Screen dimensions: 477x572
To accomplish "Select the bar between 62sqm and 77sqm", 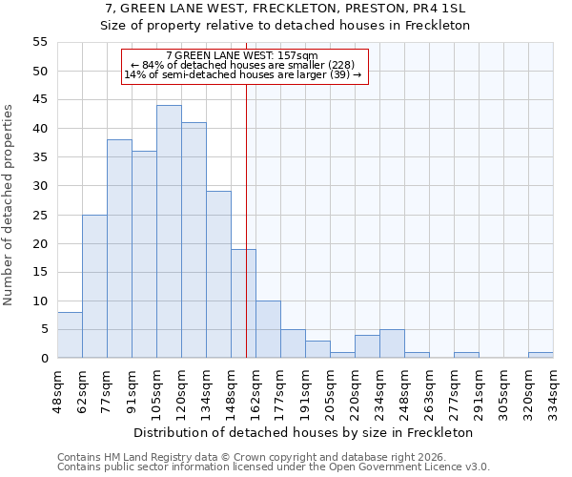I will (x=94, y=286).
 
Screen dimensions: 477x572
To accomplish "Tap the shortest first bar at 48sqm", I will (x=70, y=335).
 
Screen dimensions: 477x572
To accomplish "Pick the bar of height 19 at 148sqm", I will (x=243, y=303).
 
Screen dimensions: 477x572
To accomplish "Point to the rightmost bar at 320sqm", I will (x=541, y=355).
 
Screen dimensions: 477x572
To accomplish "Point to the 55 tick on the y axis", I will (x=40, y=42).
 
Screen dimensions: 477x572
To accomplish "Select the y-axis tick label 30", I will (x=40, y=186).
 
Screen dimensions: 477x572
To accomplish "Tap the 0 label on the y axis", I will (x=44, y=359).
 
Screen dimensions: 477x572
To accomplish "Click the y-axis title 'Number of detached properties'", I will (x=10, y=205).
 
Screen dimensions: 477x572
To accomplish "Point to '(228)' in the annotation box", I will (x=339, y=65).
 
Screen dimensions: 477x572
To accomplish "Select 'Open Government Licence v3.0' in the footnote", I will (x=419, y=467).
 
